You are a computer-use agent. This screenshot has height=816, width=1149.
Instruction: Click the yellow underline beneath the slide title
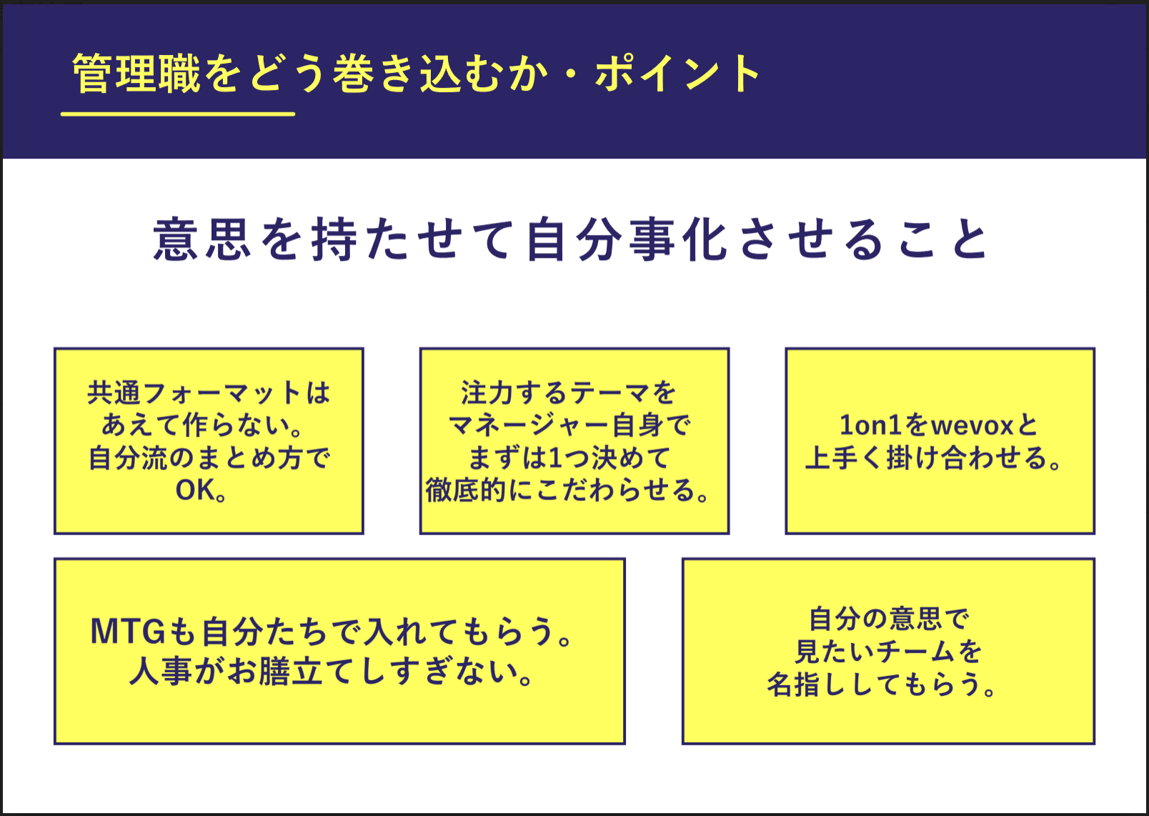(178, 114)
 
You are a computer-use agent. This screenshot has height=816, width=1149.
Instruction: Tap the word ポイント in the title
(677, 74)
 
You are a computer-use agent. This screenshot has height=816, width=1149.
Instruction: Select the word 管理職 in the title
(136, 74)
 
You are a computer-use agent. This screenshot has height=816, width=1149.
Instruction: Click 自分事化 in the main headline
(627, 240)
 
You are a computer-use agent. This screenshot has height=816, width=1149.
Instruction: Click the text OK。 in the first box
(202, 490)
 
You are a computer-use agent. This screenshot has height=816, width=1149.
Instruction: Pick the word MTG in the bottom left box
(129, 632)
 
